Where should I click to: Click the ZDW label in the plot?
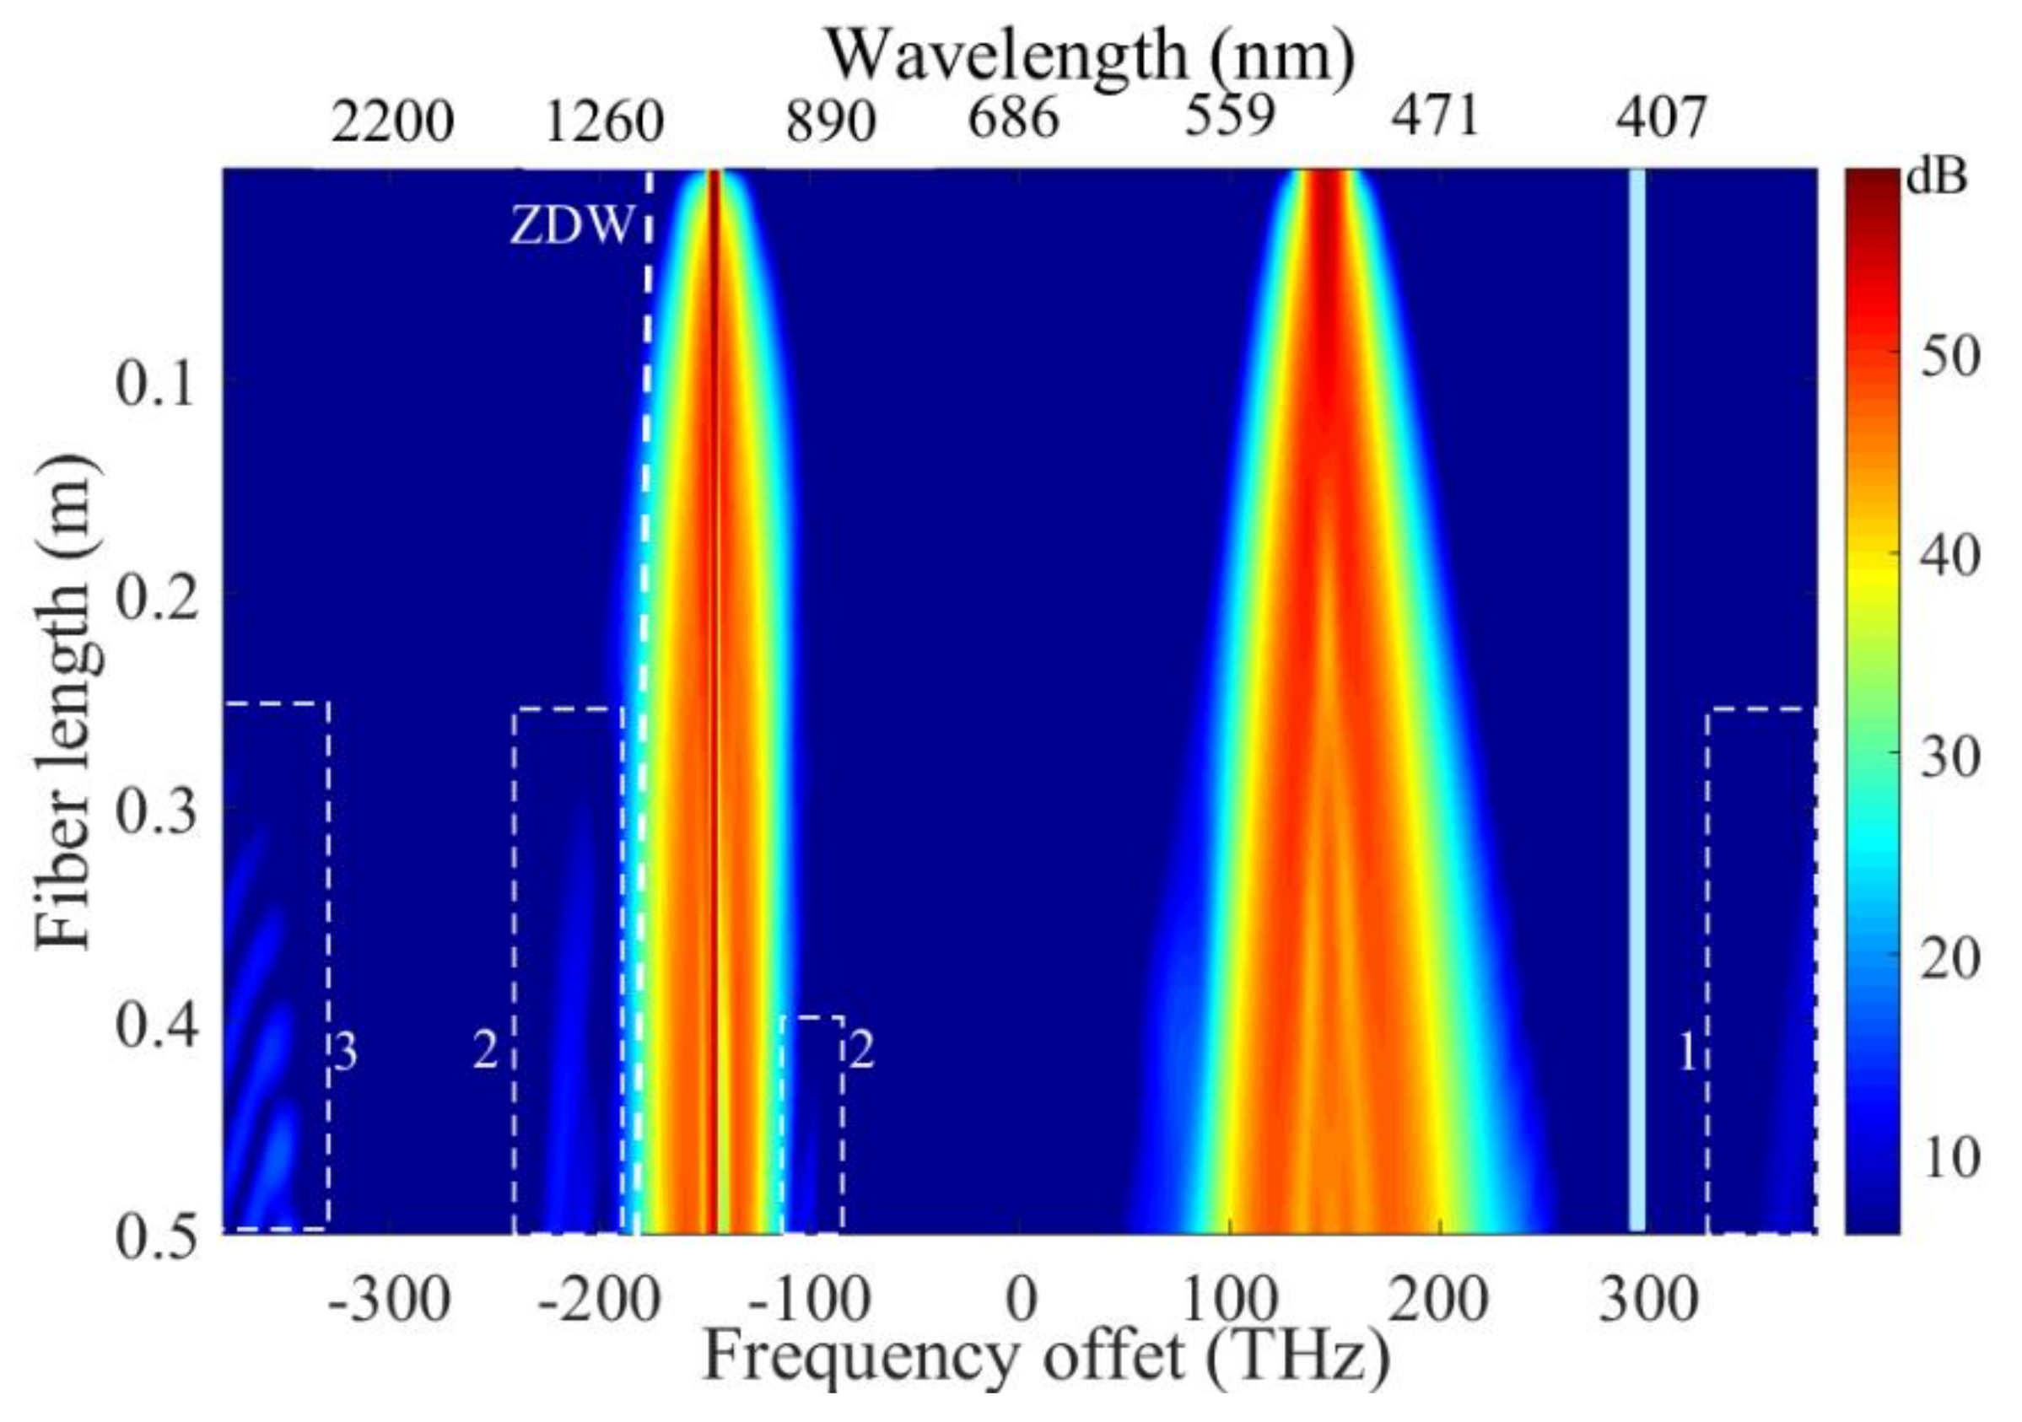(572, 226)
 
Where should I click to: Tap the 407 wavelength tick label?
(1661, 117)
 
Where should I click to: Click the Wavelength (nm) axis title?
(1090, 57)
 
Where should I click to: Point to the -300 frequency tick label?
(388, 1300)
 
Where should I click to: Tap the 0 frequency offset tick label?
(1021, 1300)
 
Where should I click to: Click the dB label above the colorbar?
(1937, 178)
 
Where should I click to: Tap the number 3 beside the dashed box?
(345, 1051)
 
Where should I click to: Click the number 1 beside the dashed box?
(1687, 1051)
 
